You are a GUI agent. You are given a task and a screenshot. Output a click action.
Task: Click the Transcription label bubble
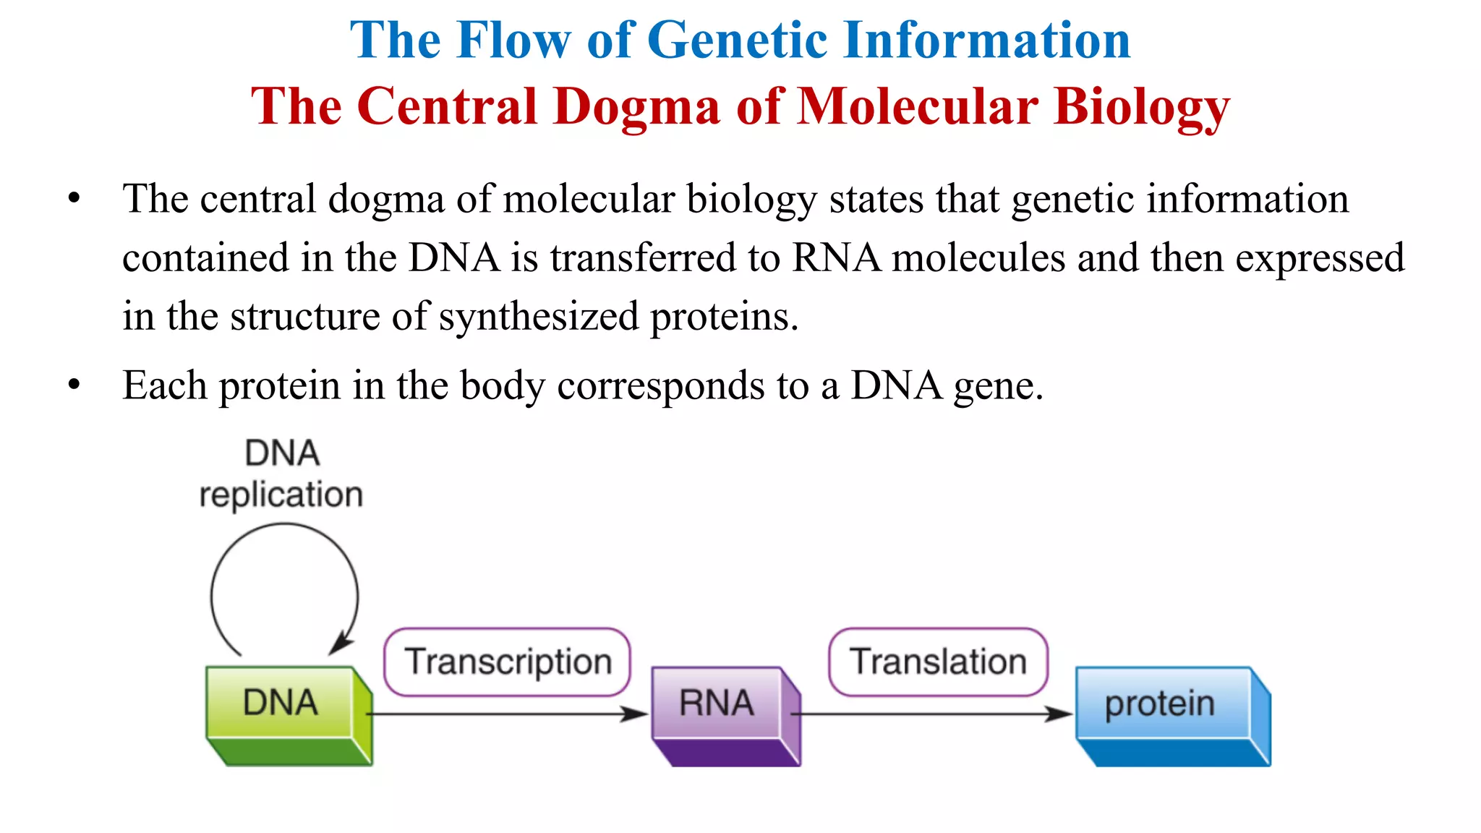508,662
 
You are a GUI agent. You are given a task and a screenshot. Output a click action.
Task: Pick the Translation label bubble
938,662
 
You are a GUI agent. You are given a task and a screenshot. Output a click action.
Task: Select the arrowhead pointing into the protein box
1060,714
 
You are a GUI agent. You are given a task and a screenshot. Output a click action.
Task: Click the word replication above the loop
281,495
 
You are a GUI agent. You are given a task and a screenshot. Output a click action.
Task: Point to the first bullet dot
74,198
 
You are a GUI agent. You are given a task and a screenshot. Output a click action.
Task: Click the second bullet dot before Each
74,385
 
